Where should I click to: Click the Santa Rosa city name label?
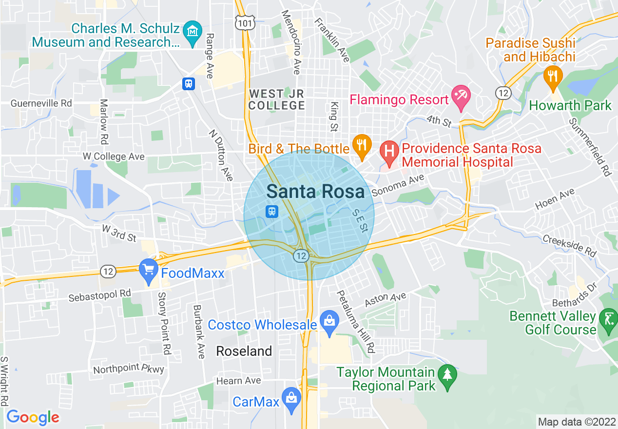tap(315, 192)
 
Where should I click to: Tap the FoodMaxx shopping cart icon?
tap(148, 268)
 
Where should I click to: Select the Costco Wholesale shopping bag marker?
tap(329, 321)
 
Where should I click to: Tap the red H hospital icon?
tap(389, 149)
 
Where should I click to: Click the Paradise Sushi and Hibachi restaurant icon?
tap(553, 76)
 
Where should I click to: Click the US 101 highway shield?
tap(242, 21)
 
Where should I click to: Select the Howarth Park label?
tap(570, 105)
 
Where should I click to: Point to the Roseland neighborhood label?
tap(244, 351)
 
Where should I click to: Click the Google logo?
tap(33, 417)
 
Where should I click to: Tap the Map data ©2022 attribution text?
tap(577, 422)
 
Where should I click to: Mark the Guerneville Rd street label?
tap(41, 103)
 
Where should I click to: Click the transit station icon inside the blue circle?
tap(271, 211)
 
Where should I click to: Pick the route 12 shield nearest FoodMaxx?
tap(107, 271)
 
